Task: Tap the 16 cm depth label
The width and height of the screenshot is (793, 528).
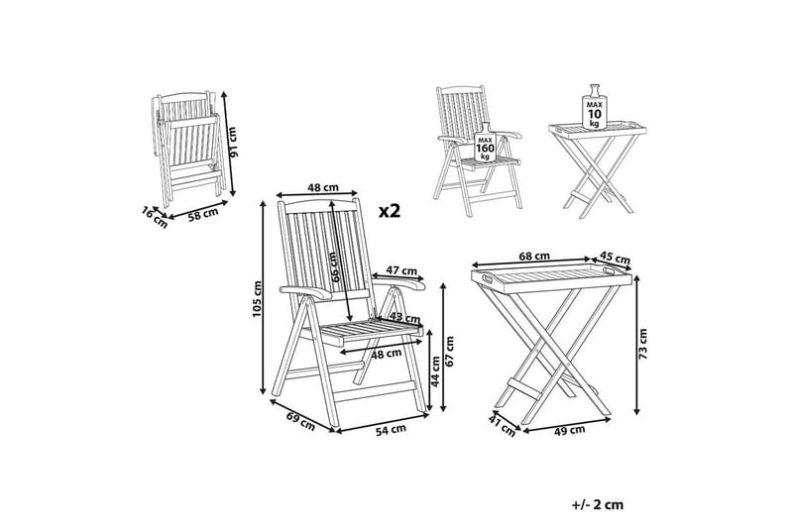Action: coord(155,217)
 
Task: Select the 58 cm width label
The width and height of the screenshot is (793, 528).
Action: coord(203,214)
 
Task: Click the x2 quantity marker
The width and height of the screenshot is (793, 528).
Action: coord(390,211)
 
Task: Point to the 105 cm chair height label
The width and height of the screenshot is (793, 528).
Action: coord(258,299)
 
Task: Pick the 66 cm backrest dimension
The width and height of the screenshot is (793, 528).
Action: coord(334,267)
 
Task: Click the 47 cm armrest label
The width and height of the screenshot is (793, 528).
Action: coord(401,270)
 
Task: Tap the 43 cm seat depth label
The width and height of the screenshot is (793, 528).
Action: coord(405,318)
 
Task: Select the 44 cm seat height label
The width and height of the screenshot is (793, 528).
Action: coord(435,371)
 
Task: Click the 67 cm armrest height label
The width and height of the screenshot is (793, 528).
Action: coord(450,351)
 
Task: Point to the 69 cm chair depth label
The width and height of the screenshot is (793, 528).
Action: coord(300,422)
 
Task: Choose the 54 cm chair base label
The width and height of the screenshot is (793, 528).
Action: coord(390,429)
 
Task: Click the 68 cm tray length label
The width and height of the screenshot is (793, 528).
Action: coord(534,257)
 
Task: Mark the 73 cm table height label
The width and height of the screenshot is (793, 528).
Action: coord(642,344)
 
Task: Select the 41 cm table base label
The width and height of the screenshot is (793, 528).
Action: coord(503,426)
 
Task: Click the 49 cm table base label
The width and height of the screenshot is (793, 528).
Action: coord(569,430)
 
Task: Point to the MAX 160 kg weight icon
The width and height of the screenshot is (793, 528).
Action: coord(484,142)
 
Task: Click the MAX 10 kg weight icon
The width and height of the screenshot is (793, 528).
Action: coord(594,107)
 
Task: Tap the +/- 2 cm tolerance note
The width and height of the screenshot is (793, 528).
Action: coord(598,505)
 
